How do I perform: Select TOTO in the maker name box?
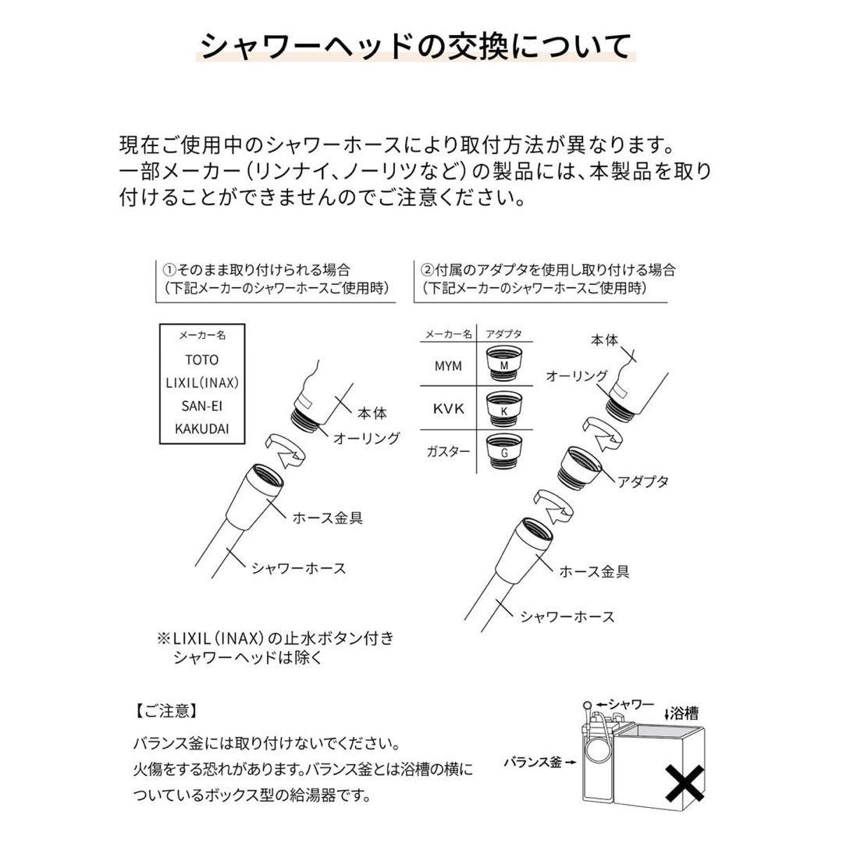click(202, 360)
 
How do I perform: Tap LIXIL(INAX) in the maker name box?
click(202, 383)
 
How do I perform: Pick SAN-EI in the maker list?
click(202, 406)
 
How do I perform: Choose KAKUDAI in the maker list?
click(202, 429)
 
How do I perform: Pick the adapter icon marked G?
click(504, 451)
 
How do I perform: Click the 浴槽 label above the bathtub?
click(685, 713)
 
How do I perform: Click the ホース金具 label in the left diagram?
click(327, 517)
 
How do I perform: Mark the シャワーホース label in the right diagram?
click(567, 617)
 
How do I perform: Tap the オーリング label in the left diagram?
click(366, 438)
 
